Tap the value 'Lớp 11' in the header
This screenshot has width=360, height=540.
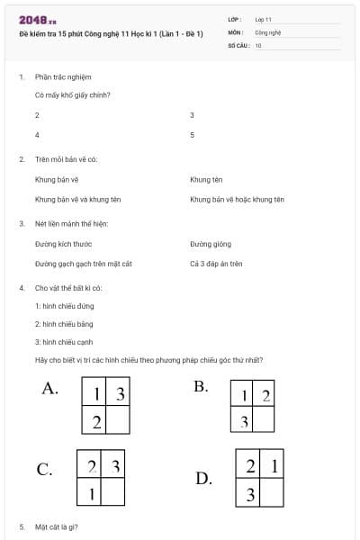(x=264, y=19)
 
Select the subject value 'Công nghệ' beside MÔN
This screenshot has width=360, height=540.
(x=268, y=31)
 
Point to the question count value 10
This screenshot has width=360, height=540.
(x=258, y=44)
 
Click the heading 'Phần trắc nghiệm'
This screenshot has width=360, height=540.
(x=63, y=77)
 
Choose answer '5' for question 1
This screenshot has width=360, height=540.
(x=193, y=135)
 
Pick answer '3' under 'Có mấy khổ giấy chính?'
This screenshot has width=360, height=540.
(x=193, y=116)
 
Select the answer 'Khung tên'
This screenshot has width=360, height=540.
(x=206, y=180)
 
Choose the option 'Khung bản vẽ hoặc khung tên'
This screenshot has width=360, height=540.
(x=237, y=199)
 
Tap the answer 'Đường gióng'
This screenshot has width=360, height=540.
(x=211, y=244)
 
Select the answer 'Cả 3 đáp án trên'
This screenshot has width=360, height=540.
(x=216, y=264)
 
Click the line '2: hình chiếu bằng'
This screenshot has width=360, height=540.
(x=64, y=324)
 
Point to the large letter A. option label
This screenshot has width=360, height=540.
(x=50, y=389)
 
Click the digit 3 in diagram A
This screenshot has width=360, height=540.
(x=120, y=394)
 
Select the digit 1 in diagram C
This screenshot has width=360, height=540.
(x=92, y=493)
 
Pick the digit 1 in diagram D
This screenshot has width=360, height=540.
(x=274, y=465)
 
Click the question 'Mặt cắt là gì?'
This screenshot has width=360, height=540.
(x=57, y=526)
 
